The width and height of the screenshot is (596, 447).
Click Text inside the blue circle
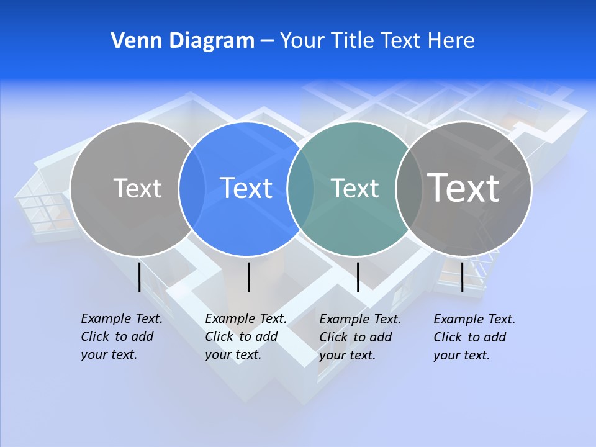click(x=246, y=188)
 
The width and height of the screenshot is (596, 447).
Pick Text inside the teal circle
click(x=354, y=188)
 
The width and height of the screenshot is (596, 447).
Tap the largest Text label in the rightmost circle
click(x=463, y=187)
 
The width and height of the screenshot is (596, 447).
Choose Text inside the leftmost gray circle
click(x=137, y=188)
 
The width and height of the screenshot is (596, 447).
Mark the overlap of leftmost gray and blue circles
click(x=192, y=189)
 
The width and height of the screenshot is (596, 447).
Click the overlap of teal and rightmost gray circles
click(x=409, y=189)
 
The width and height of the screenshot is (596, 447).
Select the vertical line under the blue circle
click(x=248, y=277)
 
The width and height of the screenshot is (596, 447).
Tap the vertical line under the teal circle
click(x=358, y=277)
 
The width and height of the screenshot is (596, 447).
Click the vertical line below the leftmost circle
click(x=139, y=277)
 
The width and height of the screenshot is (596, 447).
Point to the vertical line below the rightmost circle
click(x=463, y=277)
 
